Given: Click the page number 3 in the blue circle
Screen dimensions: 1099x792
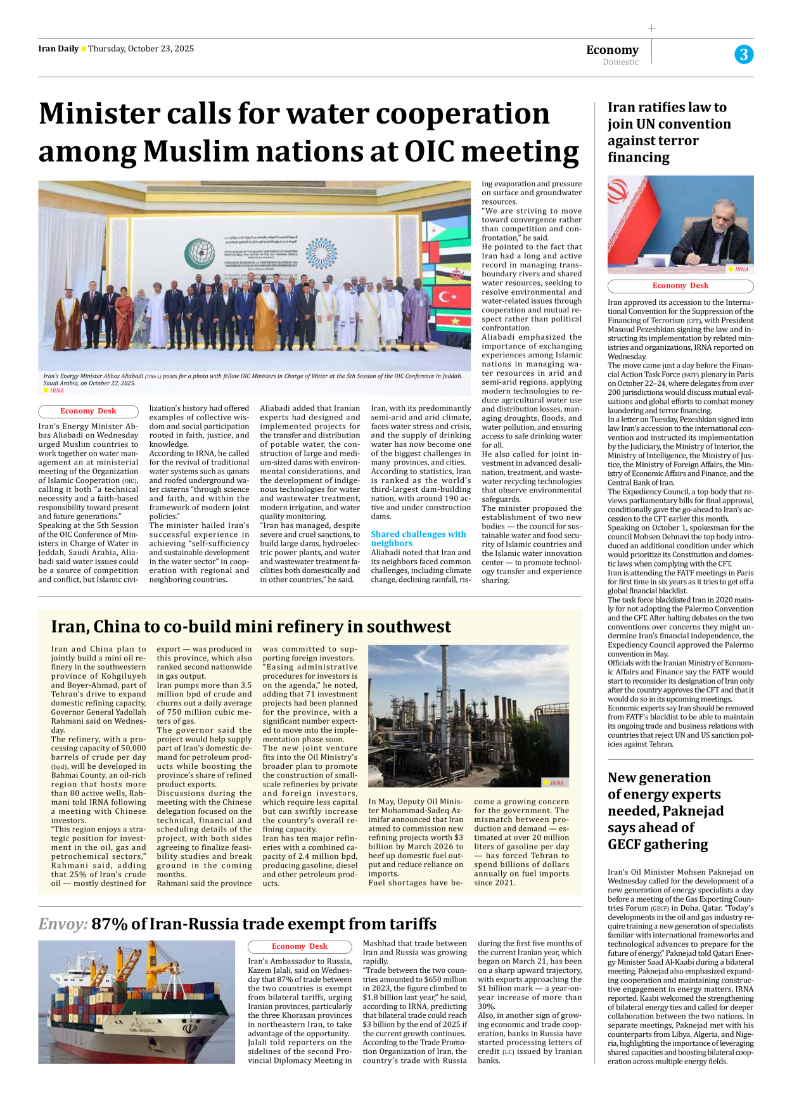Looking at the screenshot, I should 744,55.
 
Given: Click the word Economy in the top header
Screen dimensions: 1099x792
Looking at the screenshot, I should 612,49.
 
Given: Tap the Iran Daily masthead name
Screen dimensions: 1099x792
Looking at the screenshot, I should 58,49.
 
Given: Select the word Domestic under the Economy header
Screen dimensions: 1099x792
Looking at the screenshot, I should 620,62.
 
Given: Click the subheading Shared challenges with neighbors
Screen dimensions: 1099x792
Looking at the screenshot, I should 418,538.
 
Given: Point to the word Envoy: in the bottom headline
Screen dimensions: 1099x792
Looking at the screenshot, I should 63,923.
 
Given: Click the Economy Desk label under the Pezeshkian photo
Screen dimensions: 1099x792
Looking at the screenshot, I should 680,286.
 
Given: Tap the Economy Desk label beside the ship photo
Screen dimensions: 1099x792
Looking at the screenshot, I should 299,946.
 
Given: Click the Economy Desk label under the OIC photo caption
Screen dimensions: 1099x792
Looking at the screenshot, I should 88,411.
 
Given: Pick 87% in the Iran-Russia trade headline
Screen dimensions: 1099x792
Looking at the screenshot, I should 110,923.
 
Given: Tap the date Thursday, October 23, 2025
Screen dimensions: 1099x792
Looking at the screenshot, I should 141,49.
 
